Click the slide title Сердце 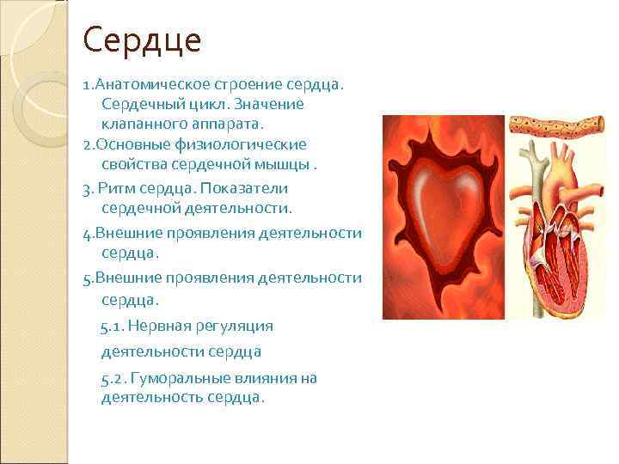coord(142,41)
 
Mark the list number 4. coord(87,233)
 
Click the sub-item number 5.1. coord(112,326)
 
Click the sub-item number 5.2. coord(113,378)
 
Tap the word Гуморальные coord(181,378)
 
